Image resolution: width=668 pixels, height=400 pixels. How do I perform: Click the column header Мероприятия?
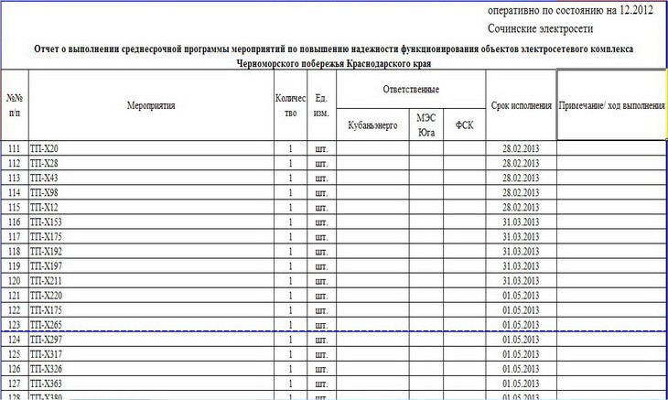(150, 105)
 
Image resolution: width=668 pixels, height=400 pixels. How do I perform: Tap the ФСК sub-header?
(464, 125)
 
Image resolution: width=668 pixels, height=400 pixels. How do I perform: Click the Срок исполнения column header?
(521, 105)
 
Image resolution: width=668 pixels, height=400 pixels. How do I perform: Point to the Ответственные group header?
(410, 89)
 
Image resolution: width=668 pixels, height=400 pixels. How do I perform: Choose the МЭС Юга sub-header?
(426, 125)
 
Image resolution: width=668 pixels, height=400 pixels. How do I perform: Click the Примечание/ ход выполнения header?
(611, 105)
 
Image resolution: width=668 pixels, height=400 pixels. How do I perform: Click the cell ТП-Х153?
(47, 222)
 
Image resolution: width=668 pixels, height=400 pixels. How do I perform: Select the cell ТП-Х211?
(47, 280)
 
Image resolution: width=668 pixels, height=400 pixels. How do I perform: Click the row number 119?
(14, 265)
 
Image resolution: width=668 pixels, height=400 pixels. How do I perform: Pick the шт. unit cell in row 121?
(320, 296)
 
